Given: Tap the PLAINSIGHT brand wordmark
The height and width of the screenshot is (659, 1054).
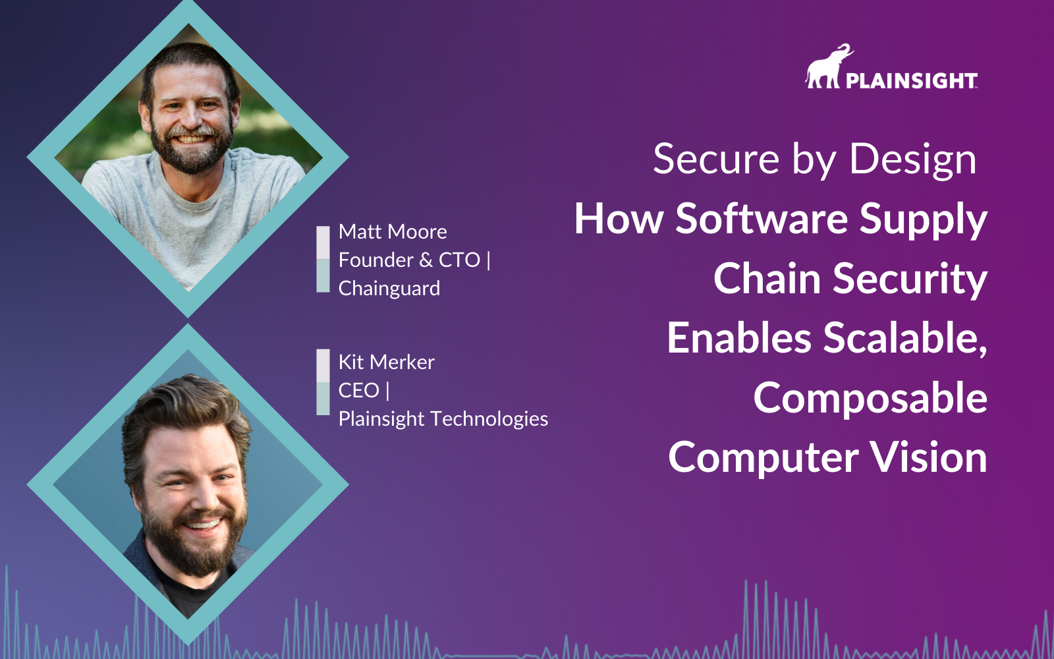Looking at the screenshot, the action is [912, 80].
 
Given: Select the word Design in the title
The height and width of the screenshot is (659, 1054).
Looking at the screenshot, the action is [912, 161].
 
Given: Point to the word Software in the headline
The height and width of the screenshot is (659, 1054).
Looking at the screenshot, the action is [762, 218].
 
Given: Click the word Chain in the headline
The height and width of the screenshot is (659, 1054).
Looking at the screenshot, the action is [767, 278].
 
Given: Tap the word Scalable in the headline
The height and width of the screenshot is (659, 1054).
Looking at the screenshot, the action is [905, 337].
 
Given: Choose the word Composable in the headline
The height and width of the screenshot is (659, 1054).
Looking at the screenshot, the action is [870, 399].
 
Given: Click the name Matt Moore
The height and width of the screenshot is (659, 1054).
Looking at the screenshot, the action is [393, 231].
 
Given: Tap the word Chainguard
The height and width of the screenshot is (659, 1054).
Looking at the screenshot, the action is [389, 289].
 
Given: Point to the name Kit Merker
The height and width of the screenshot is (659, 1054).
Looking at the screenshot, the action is [386, 362].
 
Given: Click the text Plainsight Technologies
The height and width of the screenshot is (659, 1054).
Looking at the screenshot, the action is [443, 419].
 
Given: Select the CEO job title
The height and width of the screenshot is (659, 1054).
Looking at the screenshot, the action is [358, 390].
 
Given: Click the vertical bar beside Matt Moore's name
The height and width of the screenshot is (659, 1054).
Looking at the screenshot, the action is [323, 260].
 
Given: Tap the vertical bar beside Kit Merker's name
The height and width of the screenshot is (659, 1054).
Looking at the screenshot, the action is [323, 382].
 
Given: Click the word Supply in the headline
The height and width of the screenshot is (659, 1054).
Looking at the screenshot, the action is [923, 219].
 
